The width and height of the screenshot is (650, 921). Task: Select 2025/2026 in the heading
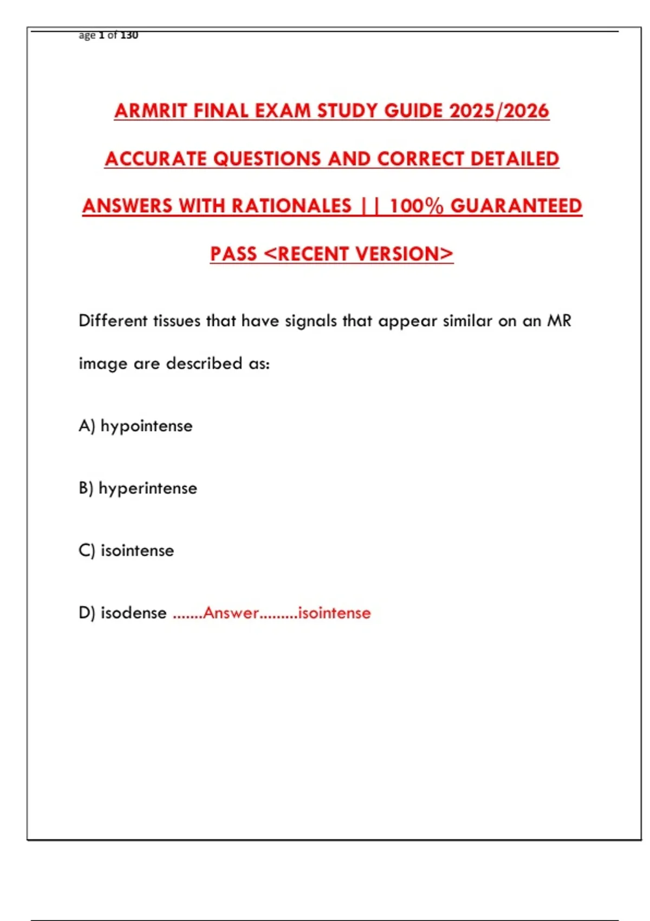[499, 111]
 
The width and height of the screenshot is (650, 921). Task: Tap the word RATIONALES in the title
[292, 206]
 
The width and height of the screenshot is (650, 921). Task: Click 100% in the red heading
[417, 206]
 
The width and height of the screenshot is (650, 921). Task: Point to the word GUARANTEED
[516, 206]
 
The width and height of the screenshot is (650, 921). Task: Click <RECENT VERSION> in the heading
[359, 254]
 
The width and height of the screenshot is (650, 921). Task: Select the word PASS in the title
[233, 254]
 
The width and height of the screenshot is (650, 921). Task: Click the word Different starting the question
[113, 321]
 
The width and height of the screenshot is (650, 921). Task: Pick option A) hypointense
[135, 426]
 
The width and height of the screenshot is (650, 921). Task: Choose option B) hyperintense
[138, 488]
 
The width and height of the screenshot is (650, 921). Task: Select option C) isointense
[126, 550]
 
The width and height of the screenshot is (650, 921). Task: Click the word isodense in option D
[133, 613]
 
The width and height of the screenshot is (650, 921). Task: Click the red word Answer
[231, 613]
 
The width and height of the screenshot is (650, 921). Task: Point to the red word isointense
[334, 613]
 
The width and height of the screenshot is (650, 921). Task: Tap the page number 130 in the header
[129, 35]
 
